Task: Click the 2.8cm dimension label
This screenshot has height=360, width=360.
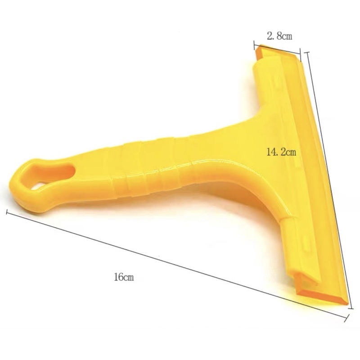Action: tap(279, 36)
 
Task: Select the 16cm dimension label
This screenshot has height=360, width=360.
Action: tap(124, 277)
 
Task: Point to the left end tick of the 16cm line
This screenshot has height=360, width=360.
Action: tap(7, 212)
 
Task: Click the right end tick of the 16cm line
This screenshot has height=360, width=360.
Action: tap(346, 318)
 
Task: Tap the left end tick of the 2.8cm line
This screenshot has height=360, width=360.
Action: tap(254, 45)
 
